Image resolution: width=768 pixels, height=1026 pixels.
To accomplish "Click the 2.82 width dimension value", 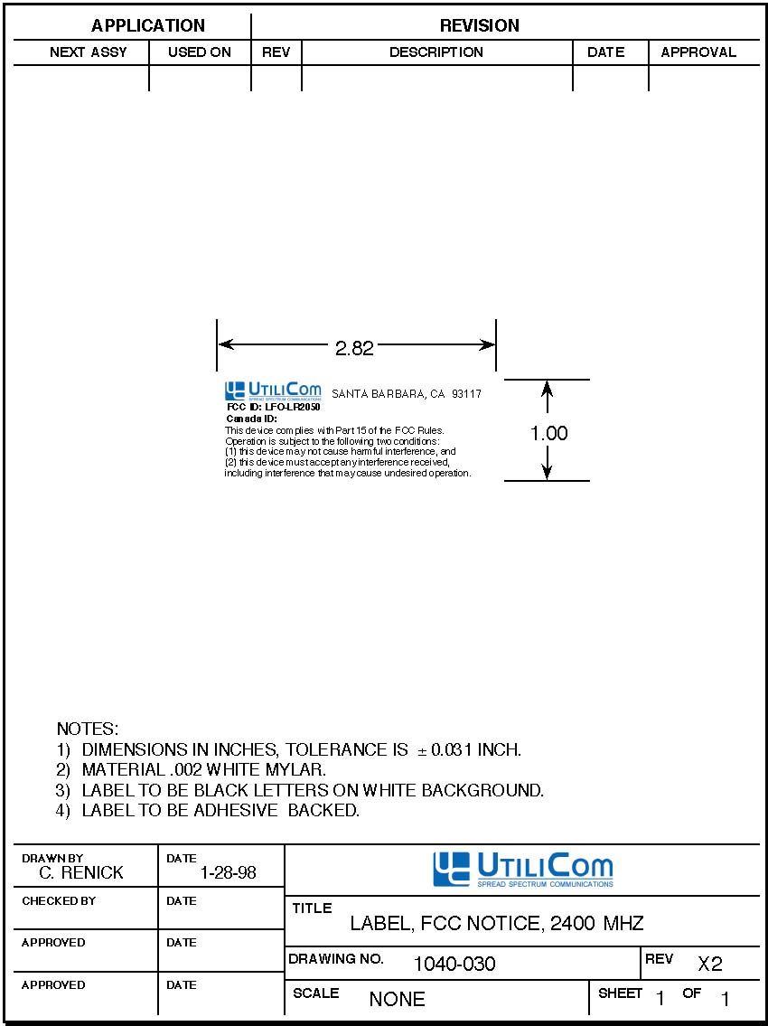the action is coord(354,348).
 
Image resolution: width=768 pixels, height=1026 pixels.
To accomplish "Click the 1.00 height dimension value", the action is coord(548,433).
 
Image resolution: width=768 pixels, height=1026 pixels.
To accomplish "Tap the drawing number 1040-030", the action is coord(454,964).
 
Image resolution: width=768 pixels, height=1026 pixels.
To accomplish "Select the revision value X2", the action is coord(710,964).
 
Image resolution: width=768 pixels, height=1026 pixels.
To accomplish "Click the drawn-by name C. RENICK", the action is coord(81,872).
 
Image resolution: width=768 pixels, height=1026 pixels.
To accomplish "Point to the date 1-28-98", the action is coord(229,873).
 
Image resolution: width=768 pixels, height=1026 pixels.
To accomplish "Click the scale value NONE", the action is coord(397,999).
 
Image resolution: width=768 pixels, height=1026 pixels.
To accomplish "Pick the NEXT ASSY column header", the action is coord(89,52).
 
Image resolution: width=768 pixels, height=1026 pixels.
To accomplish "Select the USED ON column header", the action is coord(200,52).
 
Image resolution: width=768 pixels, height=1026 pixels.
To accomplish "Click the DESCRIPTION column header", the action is coord(436,52).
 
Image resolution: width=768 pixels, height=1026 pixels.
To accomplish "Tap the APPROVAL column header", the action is coord(698,52).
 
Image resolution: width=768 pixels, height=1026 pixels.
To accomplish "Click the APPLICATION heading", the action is coord(148,26).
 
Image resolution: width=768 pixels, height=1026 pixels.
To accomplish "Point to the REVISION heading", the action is coord(480,26).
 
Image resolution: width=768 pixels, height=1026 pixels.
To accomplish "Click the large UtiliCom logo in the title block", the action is coord(523,870).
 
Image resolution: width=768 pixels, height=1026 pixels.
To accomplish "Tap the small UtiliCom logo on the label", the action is coord(274,391).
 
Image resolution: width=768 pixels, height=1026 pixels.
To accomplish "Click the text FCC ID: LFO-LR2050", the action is coord(274,407).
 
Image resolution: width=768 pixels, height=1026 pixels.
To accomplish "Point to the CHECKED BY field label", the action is coord(59,901).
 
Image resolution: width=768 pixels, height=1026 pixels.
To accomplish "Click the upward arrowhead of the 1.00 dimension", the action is coord(548,389).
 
